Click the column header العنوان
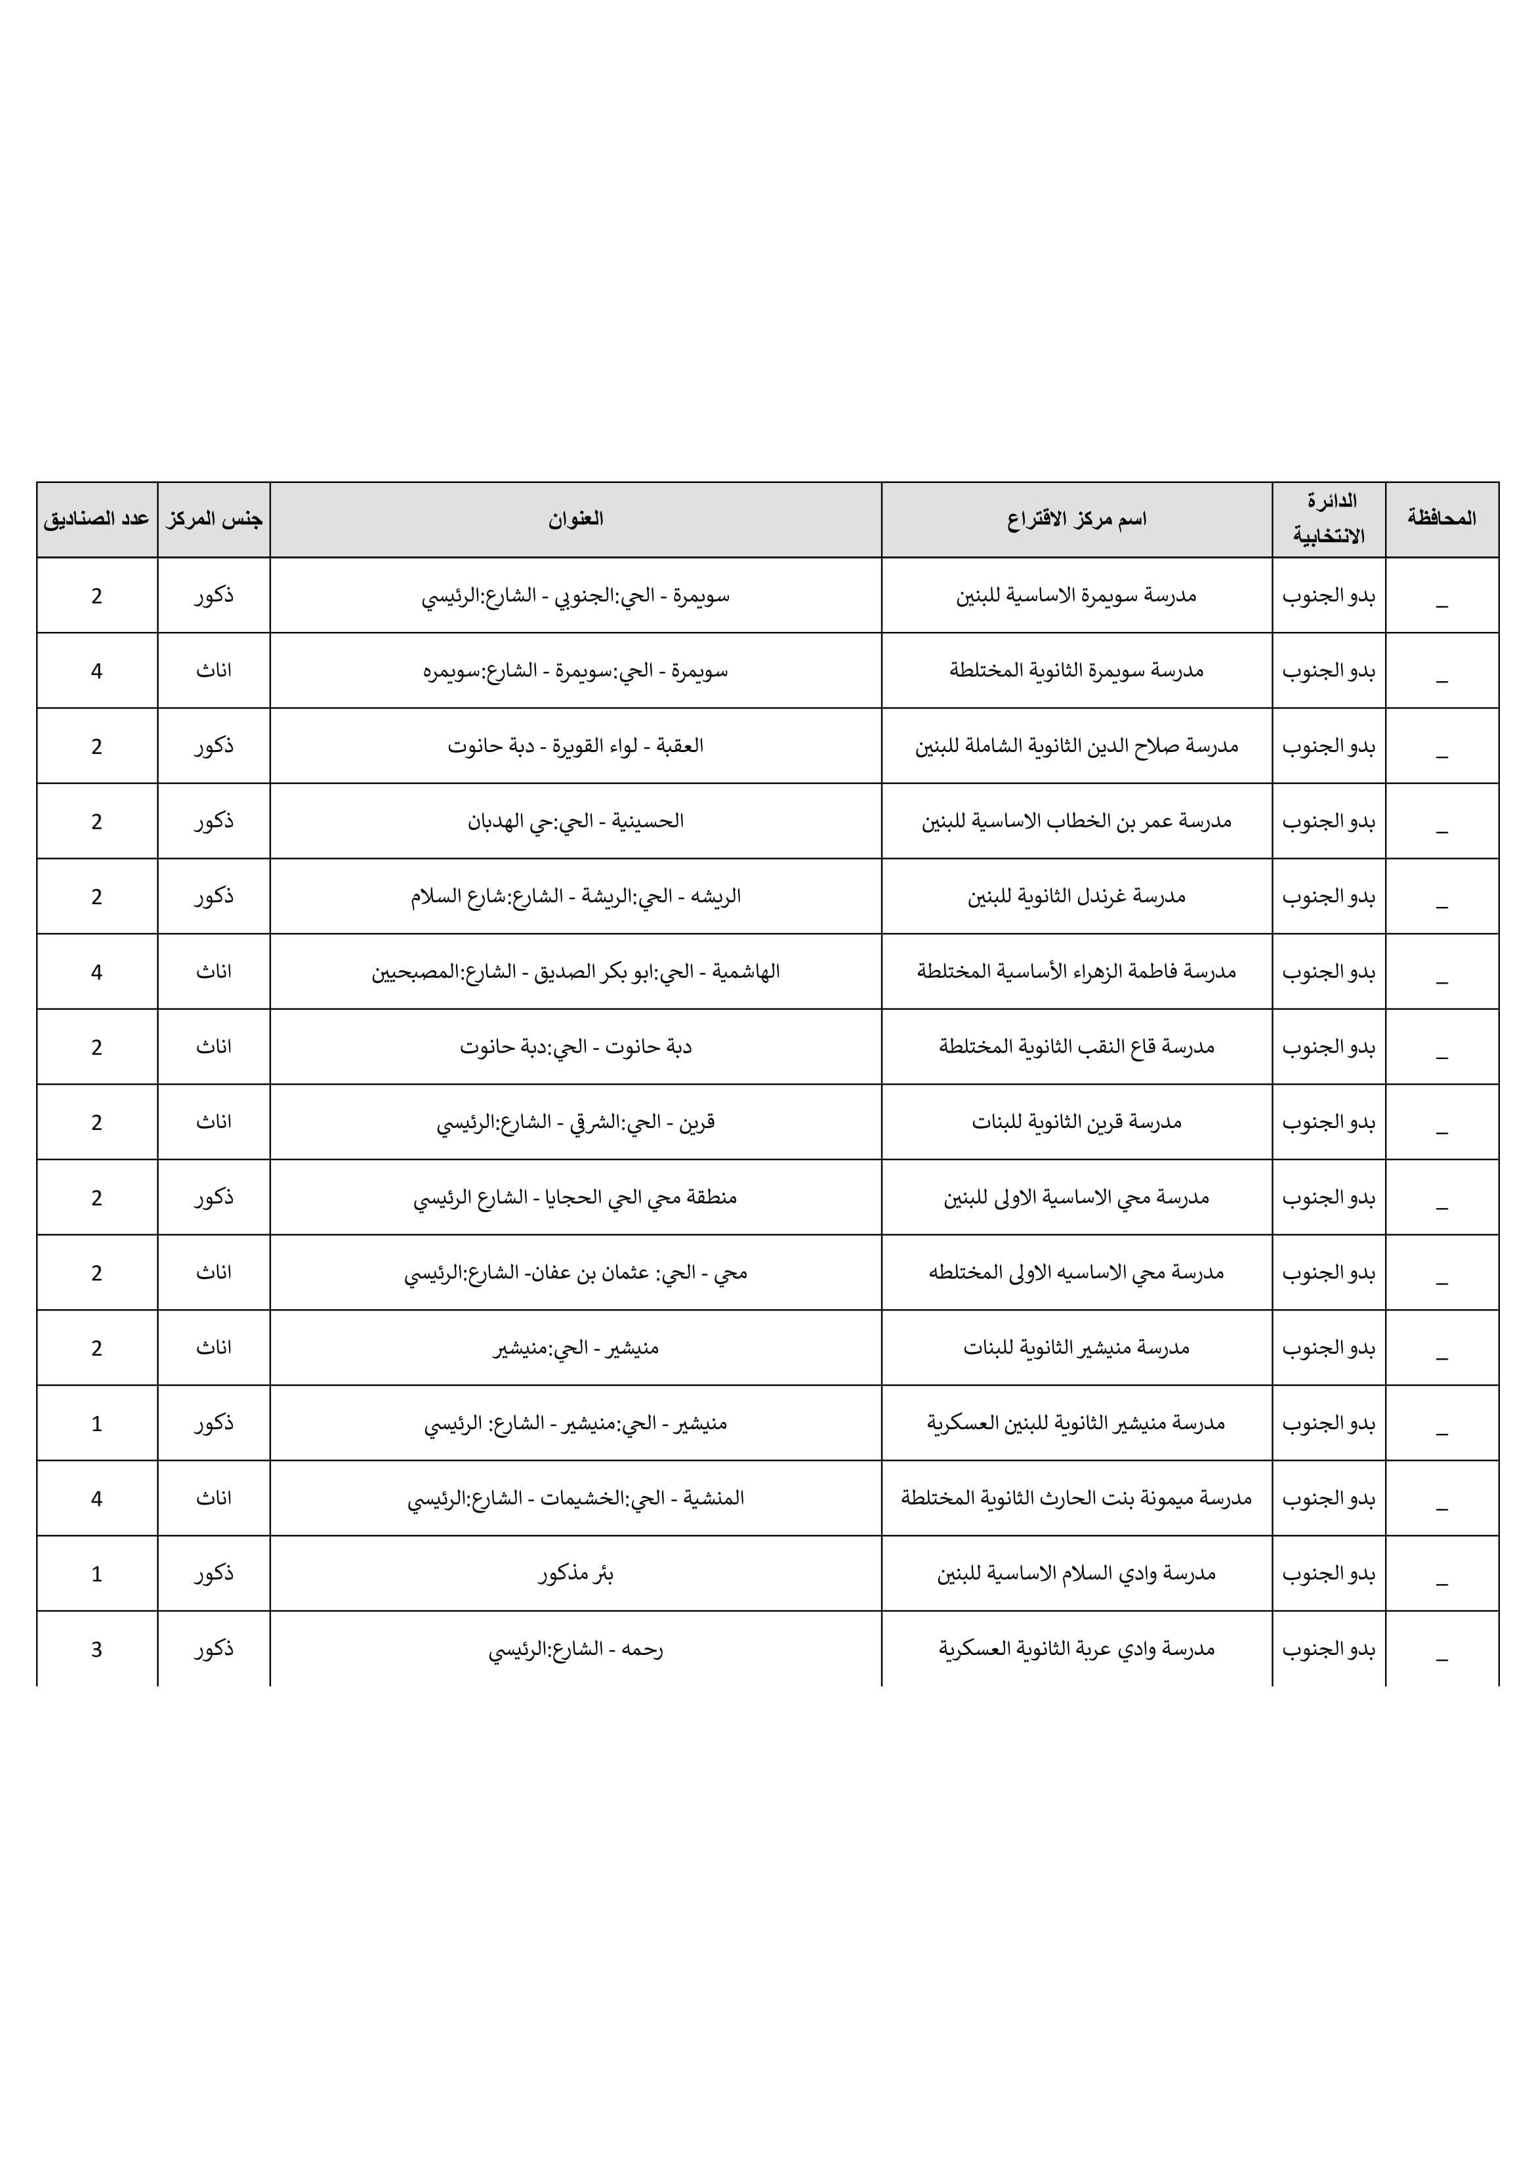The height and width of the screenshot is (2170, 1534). click(575, 519)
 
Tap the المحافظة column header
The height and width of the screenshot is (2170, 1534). click(1441, 519)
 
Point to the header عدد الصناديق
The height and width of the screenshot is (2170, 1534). click(96, 519)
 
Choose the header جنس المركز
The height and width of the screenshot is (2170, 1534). click(214, 519)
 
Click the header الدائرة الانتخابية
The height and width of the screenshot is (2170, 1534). click(1329, 519)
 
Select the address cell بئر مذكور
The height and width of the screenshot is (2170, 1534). click(575, 1574)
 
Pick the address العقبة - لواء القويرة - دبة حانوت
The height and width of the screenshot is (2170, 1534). click(575, 745)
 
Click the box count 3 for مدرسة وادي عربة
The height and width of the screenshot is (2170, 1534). click(96, 1649)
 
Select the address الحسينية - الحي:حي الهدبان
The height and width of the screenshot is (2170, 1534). click(575, 822)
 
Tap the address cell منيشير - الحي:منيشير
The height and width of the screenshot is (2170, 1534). click(575, 1348)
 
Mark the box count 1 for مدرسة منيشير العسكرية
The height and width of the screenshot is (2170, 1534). click(96, 1423)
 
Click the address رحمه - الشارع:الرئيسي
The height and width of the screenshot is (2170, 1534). click(575, 1649)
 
